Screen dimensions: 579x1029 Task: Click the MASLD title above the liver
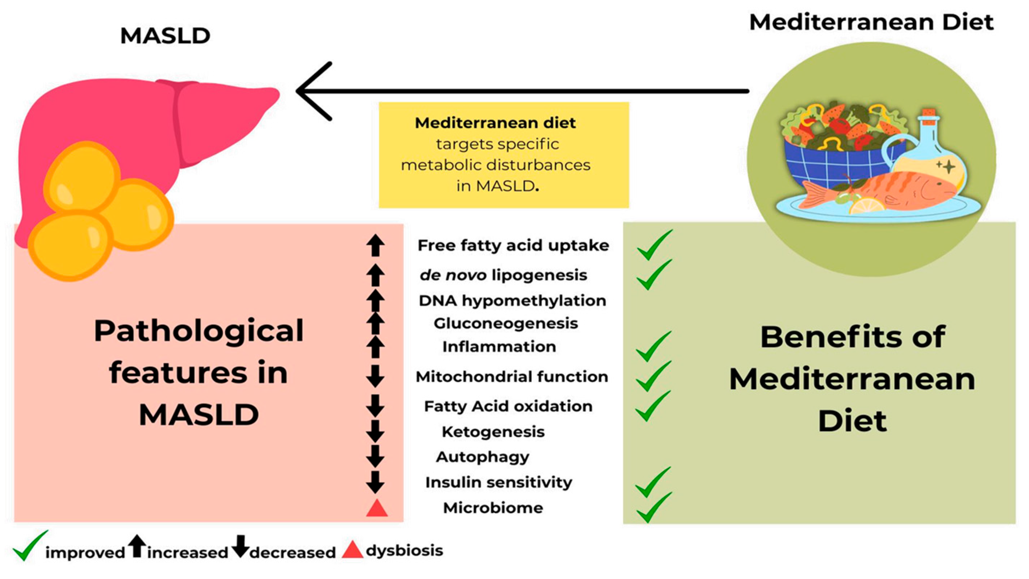(165, 36)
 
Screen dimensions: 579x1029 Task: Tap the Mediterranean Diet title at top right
(871, 22)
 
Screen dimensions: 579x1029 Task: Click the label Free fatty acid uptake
(513, 245)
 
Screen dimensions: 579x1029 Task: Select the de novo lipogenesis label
(503, 275)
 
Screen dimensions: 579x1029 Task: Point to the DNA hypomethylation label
(512, 300)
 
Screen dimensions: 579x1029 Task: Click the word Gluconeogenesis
(506, 323)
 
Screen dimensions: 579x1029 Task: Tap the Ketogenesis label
(493, 432)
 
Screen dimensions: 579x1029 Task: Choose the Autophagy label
(483, 457)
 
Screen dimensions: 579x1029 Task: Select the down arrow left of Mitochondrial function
(375, 376)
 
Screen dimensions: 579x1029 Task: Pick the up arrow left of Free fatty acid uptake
(375, 245)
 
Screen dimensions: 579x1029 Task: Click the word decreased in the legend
(292, 553)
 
